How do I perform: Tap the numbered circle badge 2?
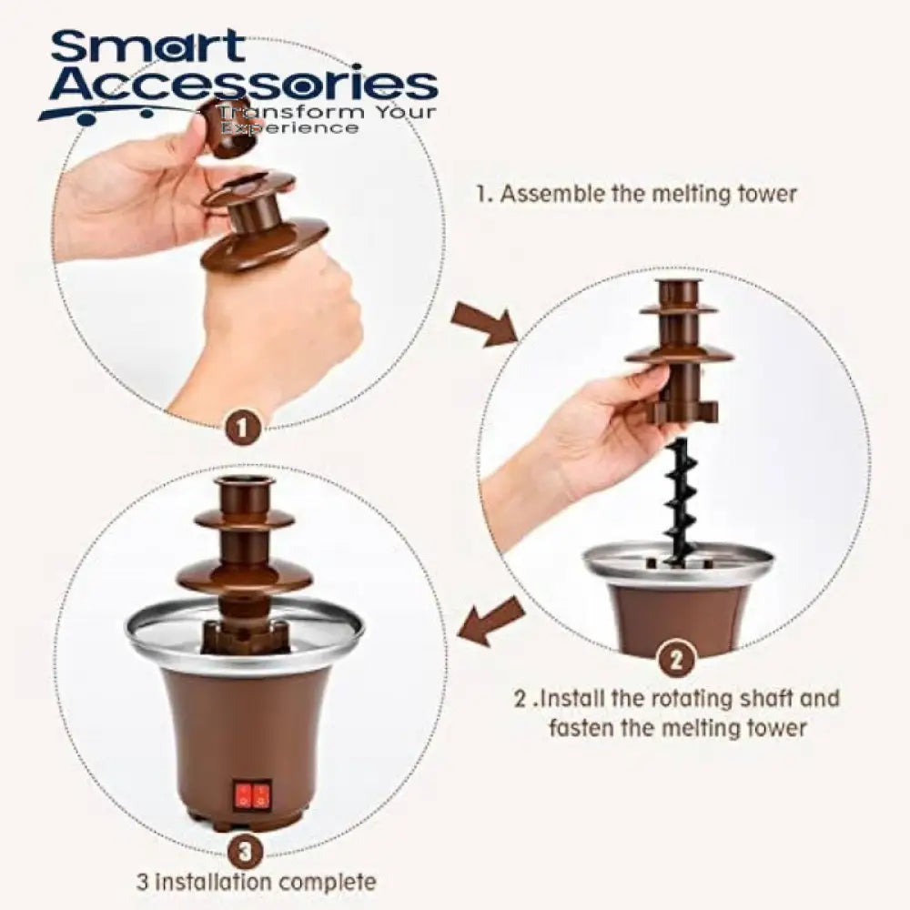point(675,659)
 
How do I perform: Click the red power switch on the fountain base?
point(254,796)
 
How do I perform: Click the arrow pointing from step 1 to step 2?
point(485,325)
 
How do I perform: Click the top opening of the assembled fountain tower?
point(244,483)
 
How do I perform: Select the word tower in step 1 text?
point(767,194)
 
